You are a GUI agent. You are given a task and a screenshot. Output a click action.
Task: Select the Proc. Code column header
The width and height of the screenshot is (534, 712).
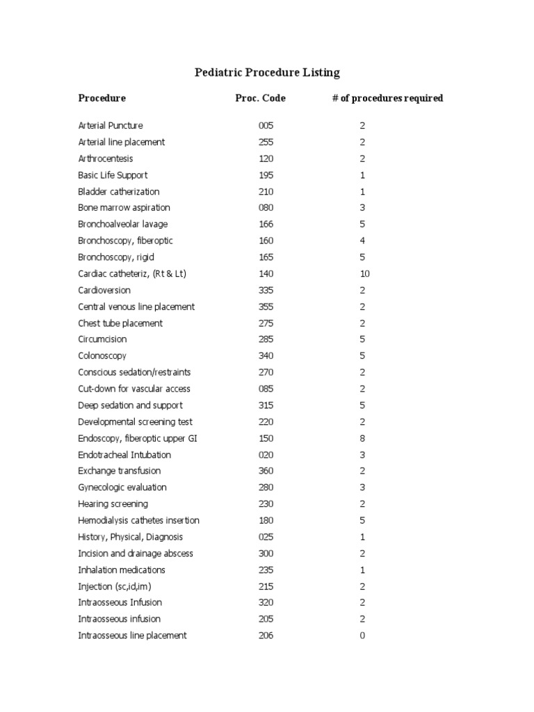(x=260, y=98)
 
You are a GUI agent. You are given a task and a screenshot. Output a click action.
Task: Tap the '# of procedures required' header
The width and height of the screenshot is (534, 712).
(x=387, y=98)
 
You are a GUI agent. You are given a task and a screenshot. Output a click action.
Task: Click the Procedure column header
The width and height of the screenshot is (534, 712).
(x=102, y=98)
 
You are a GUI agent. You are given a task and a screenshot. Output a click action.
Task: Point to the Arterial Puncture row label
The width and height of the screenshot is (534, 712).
(x=111, y=126)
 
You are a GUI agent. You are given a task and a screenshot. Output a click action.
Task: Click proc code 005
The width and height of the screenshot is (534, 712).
(x=266, y=126)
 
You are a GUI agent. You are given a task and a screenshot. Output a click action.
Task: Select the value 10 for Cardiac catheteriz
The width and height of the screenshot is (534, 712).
(x=364, y=274)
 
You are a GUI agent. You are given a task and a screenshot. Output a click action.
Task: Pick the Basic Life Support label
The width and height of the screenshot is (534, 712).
(x=113, y=175)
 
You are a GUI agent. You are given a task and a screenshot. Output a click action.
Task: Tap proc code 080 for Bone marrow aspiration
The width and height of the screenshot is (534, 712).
(x=266, y=208)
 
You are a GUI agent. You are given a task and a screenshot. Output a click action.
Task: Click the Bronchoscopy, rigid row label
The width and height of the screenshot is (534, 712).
(x=116, y=257)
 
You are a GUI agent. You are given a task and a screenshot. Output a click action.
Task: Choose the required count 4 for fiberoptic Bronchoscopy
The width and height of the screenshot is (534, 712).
(x=362, y=241)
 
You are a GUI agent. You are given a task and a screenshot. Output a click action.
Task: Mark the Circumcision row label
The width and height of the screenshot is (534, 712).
(x=102, y=339)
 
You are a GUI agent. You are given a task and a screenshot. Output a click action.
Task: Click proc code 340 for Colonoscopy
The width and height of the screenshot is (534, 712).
(x=266, y=356)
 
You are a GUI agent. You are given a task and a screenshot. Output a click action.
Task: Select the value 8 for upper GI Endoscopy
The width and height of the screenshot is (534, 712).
(x=362, y=438)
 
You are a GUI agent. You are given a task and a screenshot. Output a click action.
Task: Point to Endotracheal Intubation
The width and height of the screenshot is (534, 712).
(x=124, y=455)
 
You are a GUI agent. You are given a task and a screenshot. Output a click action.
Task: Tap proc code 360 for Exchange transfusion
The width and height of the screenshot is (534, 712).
(x=266, y=471)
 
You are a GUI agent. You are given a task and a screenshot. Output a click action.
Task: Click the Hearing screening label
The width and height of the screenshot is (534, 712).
(x=113, y=504)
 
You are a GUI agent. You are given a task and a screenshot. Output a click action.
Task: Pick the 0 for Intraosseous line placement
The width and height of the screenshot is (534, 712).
(x=362, y=636)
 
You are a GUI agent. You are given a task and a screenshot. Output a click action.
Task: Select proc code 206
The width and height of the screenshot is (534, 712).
(x=266, y=636)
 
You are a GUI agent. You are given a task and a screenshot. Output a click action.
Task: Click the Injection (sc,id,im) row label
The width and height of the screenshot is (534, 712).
(x=115, y=586)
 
